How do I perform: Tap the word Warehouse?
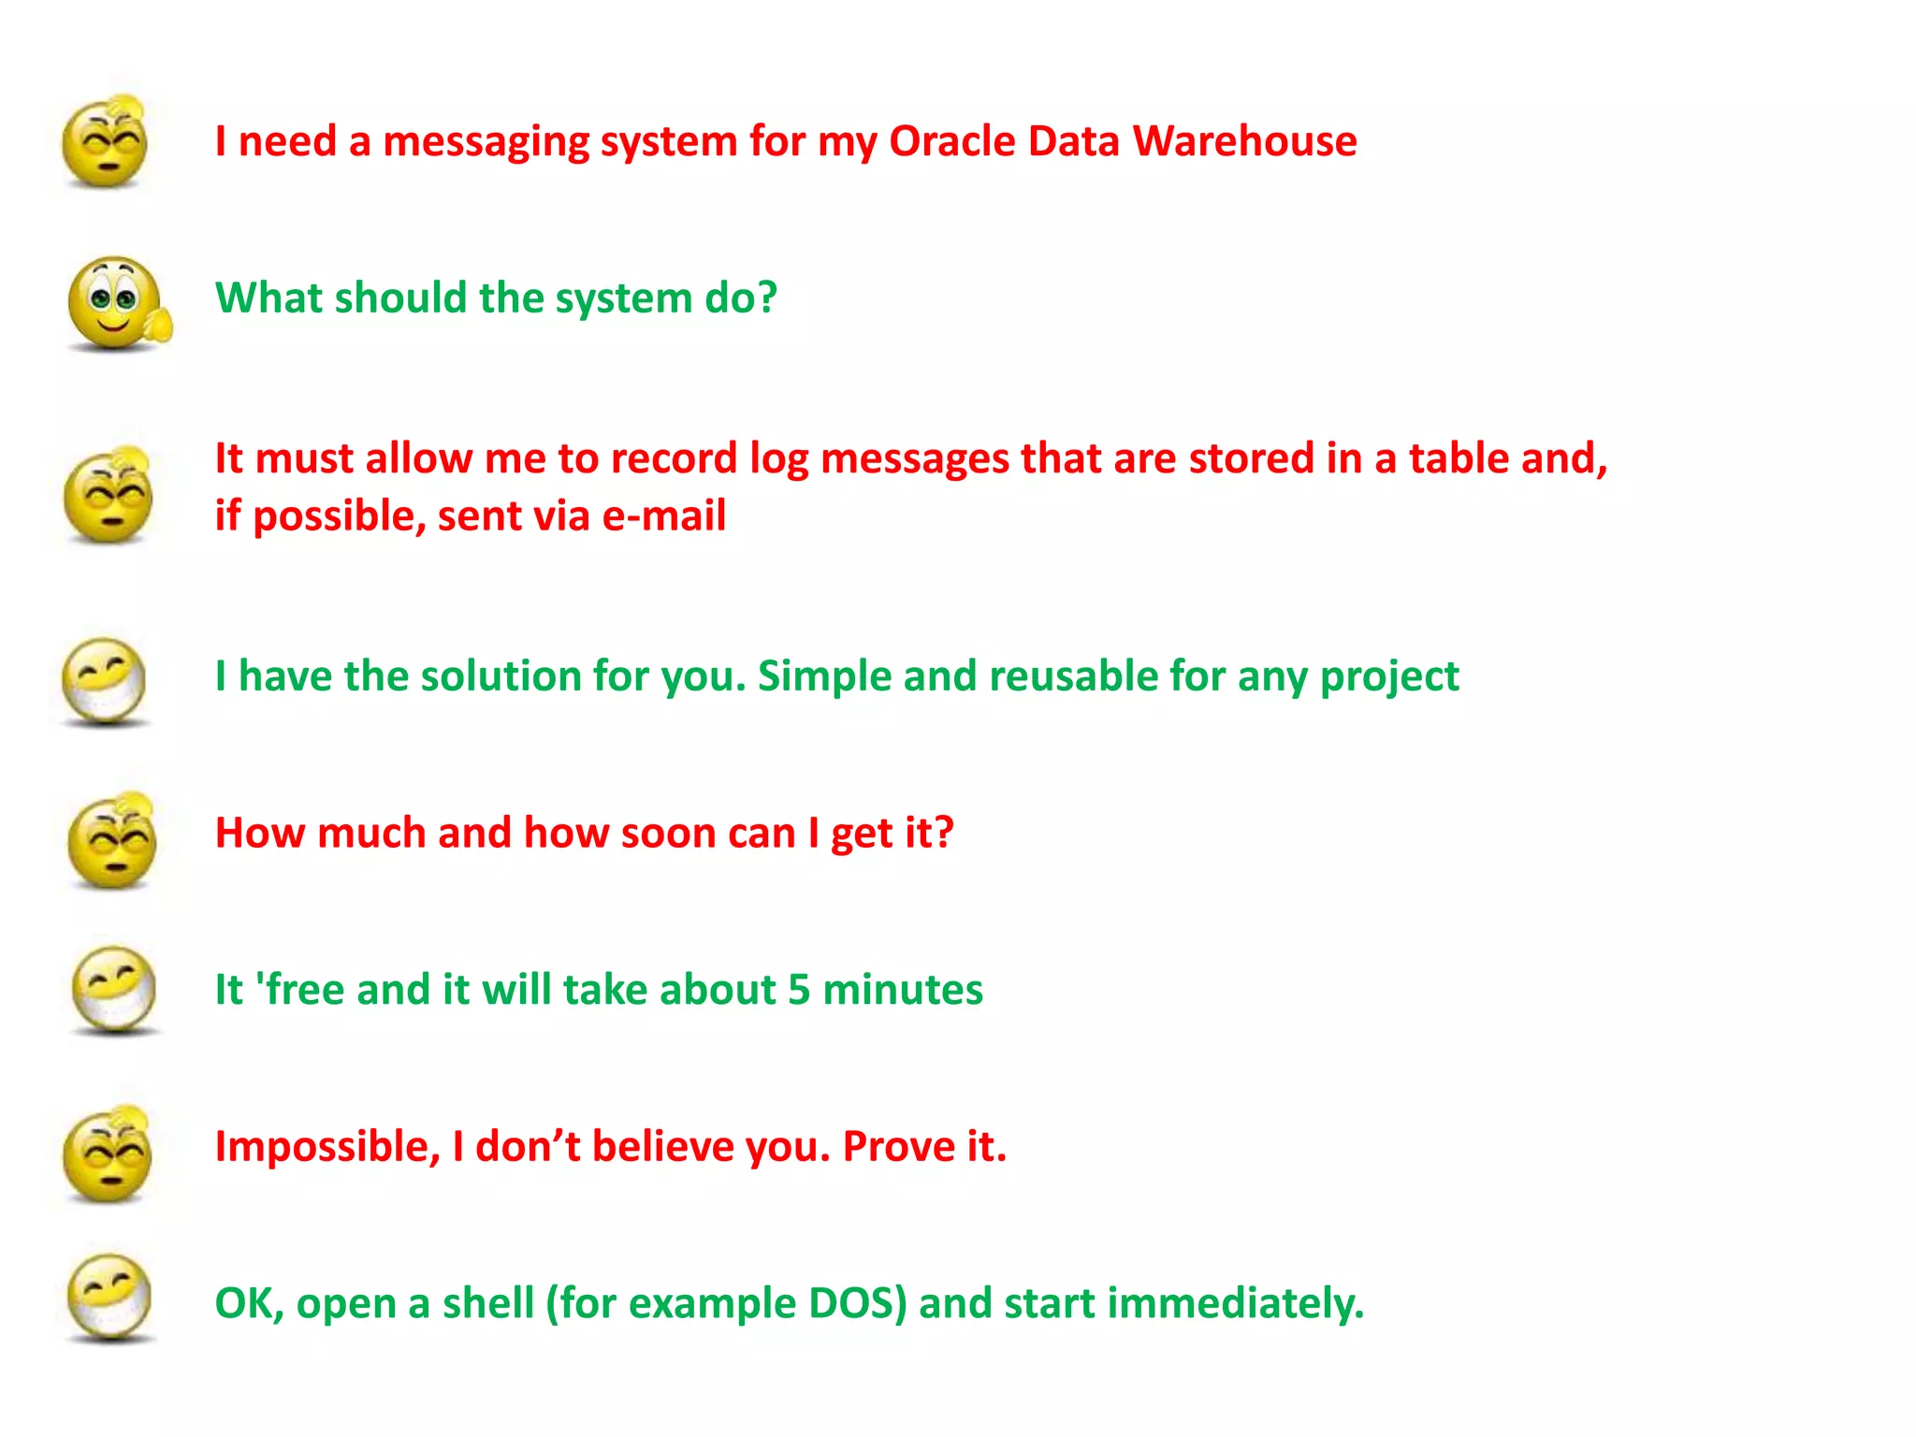click(1244, 142)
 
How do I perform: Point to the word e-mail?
click(663, 516)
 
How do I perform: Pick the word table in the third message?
click(1459, 458)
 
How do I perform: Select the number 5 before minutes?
click(798, 990)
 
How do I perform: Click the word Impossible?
click(327, 1147)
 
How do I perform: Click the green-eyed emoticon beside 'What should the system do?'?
click(116, 303)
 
